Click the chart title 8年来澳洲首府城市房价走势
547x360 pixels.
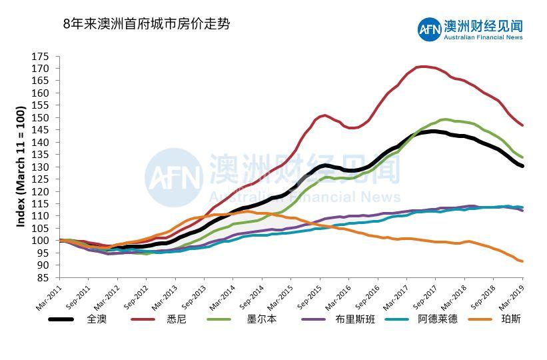[146, 24]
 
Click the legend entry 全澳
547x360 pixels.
[97, 319]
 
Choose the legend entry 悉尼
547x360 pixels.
[177, 319]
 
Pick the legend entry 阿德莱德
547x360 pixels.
[438, 319]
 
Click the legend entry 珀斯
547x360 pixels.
[511, 319]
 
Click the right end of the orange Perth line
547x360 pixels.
[522, 261]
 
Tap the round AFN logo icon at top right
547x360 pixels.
[430, 28]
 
